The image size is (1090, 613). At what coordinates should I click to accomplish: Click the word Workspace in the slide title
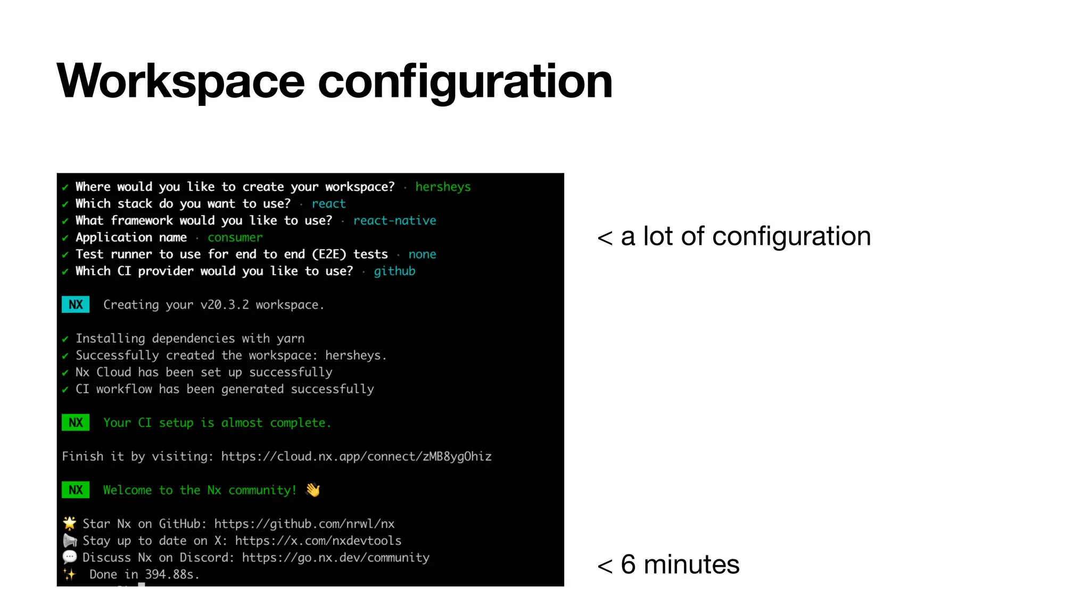click(x=180, y=81)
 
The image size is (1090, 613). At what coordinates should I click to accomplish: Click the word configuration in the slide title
click(x=465, y=81)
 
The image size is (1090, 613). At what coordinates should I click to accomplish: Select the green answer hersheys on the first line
click(x=443, y=187)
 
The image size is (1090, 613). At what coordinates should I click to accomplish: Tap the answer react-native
click(x=394, y=220)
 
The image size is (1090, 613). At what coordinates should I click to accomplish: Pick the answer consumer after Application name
click(x=235, y=237)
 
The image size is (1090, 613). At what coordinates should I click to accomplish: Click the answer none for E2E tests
click(x=422, y=254)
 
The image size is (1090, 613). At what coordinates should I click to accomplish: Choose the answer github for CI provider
click(x=394, y=271)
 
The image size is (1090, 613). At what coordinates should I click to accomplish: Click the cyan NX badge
click(x=76, y=304)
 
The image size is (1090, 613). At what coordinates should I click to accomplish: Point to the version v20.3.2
click(x=224, y=305)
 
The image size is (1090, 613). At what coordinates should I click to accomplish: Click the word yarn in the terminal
click(x=291, y=338)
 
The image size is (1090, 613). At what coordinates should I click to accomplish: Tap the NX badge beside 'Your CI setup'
click(x=76, y=423)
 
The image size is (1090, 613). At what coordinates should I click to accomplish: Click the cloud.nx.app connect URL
click(x=356, y=457)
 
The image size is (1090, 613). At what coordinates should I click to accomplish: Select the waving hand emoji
click(x=313, y=490)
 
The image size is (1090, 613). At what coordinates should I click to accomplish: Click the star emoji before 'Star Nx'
click(x=70, y=523)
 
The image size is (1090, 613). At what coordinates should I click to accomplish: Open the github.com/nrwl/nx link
click(x=304, y=524)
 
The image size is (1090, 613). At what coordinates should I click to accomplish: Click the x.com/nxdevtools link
click(x=318, y=541)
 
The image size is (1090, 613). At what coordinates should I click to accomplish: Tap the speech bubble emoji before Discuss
click(x=70, y=557)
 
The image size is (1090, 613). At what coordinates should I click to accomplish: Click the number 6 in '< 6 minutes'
click(x=628, y=565)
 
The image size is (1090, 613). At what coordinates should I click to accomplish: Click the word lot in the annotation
click(x=658, y=236)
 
